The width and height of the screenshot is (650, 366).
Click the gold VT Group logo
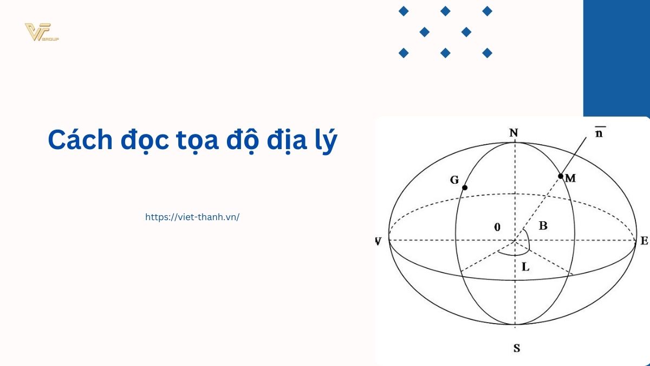pyautogui.click(x=42, y=32)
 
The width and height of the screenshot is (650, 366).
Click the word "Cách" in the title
pyautogui.click(x=80, y=140)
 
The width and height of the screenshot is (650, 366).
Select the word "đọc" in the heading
pyautogui.click(x=145, y=141)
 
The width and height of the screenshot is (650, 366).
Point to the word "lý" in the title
pyautogui.click(x=326, y=141)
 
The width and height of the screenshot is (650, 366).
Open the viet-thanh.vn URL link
pyautogui.click(x=192, y=217)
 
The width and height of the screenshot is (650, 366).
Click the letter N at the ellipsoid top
pyautogui.click(x=513, y=133)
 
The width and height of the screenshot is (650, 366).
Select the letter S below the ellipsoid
pyautogui.click(x=517, y=348)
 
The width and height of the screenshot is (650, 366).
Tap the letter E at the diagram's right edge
pyautogui.click(x=644, y=241)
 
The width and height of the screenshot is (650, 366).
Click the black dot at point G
pyautogui.click(x=465, y=188)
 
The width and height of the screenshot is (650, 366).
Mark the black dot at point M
pyautogui.click(x=561, y=176)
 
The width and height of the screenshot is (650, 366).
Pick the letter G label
pyautogui.click(x=454, y=180)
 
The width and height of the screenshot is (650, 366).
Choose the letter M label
pyautogui.click(x=570, y=178)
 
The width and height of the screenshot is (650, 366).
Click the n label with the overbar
pyautogui.click(x=599, y=132)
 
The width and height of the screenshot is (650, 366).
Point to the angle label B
pyautogui.click(x=543, y=226)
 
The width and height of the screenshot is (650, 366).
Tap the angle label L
pyautogui.click(x=525, y=267)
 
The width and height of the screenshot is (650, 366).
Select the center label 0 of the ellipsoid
pyautogui.click(x=497, y=227)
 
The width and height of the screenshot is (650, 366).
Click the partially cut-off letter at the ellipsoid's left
pyautogui.click(x=378, y=241)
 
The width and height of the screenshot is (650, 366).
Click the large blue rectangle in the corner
pyautogui.click(x=616, y=58)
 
